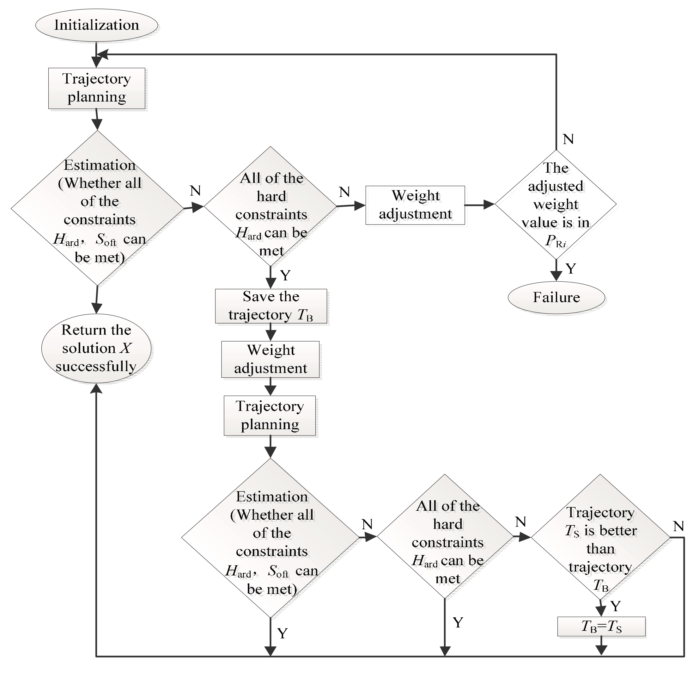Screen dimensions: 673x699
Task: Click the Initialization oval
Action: pos(96,25)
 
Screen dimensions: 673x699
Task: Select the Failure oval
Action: pos(556,297)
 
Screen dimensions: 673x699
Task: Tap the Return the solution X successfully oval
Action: pos(96,348)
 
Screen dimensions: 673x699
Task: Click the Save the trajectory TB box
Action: pos(271,306)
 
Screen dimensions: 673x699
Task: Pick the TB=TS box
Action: pos(601,626)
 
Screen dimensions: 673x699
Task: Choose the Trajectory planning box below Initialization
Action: pos(97,88)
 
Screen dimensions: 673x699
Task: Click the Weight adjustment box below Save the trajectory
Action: pos(270,359)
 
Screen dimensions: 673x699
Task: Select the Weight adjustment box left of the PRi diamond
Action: pos(415,205)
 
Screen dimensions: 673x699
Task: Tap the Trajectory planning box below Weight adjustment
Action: pos(270,415)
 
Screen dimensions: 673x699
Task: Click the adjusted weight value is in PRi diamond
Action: pos(556,205)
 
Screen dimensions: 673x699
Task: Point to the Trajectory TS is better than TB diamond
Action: pos(601,537)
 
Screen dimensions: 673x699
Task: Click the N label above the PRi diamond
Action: pos(568,139)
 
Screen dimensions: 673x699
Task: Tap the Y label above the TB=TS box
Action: pos(615,606)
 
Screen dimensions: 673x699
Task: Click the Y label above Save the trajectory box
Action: pos(285,275)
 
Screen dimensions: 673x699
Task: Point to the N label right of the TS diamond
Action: pos(678,526)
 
